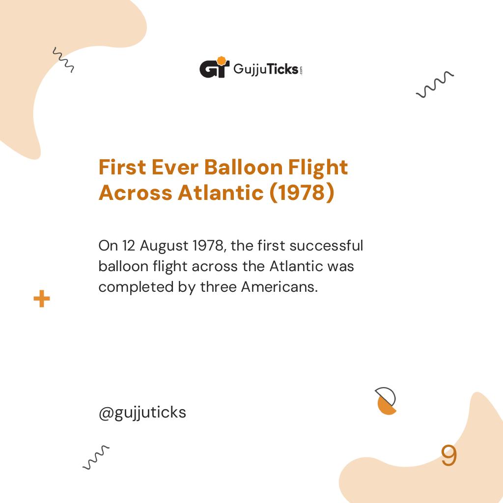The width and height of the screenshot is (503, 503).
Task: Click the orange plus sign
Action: [42, 299]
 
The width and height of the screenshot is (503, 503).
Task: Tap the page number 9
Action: [448, 456]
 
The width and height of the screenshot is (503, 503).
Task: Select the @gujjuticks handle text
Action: [142, 412]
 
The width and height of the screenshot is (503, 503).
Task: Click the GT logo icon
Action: [214, 68]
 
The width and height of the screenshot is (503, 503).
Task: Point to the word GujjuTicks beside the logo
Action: [266, 69]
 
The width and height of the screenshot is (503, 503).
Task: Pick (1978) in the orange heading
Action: [302, 193]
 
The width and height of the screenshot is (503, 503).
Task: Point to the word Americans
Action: [279, 287]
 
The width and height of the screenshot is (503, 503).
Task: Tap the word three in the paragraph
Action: [218, 287]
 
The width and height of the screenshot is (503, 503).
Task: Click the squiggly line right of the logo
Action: [435, 84]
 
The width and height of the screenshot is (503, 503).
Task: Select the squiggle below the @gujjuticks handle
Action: [96, 457]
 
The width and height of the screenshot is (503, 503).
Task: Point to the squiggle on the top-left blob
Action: [63, 60]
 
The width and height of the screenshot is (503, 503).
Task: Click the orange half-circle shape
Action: [387, 405]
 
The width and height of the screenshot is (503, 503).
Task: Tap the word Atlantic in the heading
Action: [220, 193]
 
